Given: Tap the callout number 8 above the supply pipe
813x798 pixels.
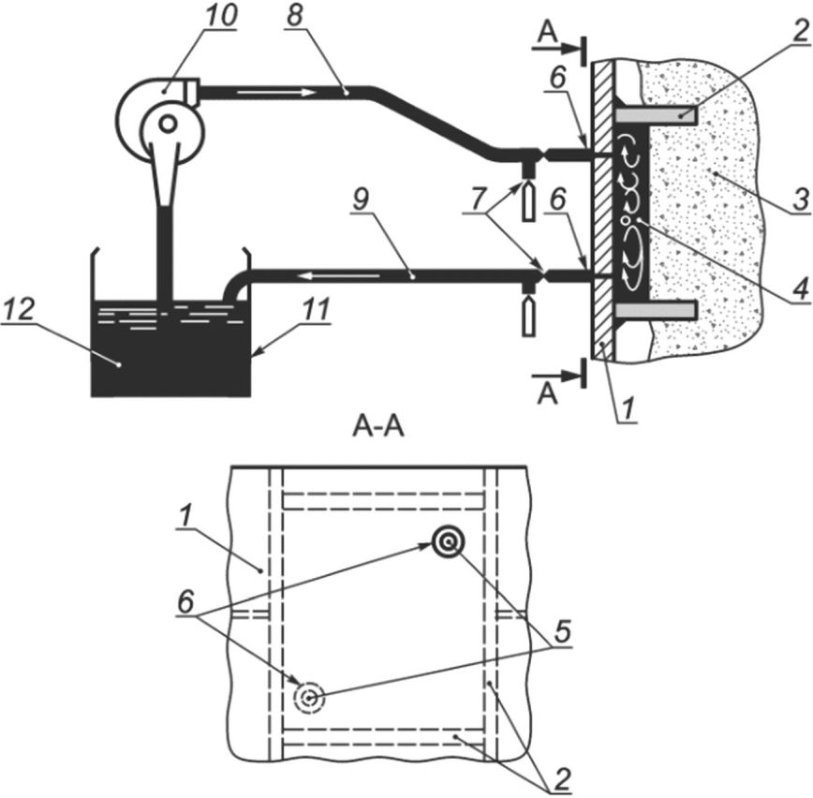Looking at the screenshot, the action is (x=294, y=16).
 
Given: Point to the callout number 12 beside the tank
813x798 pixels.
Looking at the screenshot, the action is (x=19, y=310).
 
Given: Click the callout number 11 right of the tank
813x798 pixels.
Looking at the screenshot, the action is (x=317, y=310).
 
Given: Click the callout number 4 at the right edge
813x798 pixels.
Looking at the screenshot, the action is (x=800, y=289).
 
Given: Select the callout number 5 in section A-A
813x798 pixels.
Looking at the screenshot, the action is (x=562, y=631).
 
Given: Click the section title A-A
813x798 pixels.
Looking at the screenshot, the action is (x=378, y=428).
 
